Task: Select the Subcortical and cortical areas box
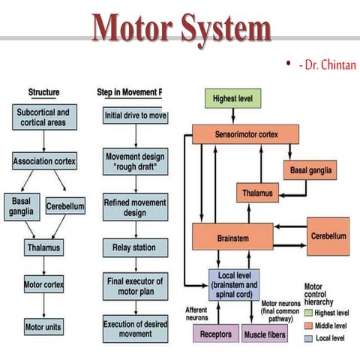[x=43, y=118]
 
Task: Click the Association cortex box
[x=43, y=160]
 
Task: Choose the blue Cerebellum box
[x=65, y=205]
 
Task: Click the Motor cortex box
[x=43, y=285]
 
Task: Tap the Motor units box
[x=43, y=327]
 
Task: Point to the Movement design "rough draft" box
[x=135, y=160]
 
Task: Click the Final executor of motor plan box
[x=135, y=286]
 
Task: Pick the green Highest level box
[x=233, y=98]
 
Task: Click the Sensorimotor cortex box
[x=245, y=134]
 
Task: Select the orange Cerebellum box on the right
[x=328, y=236]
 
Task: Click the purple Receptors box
[x=215, y=333]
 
